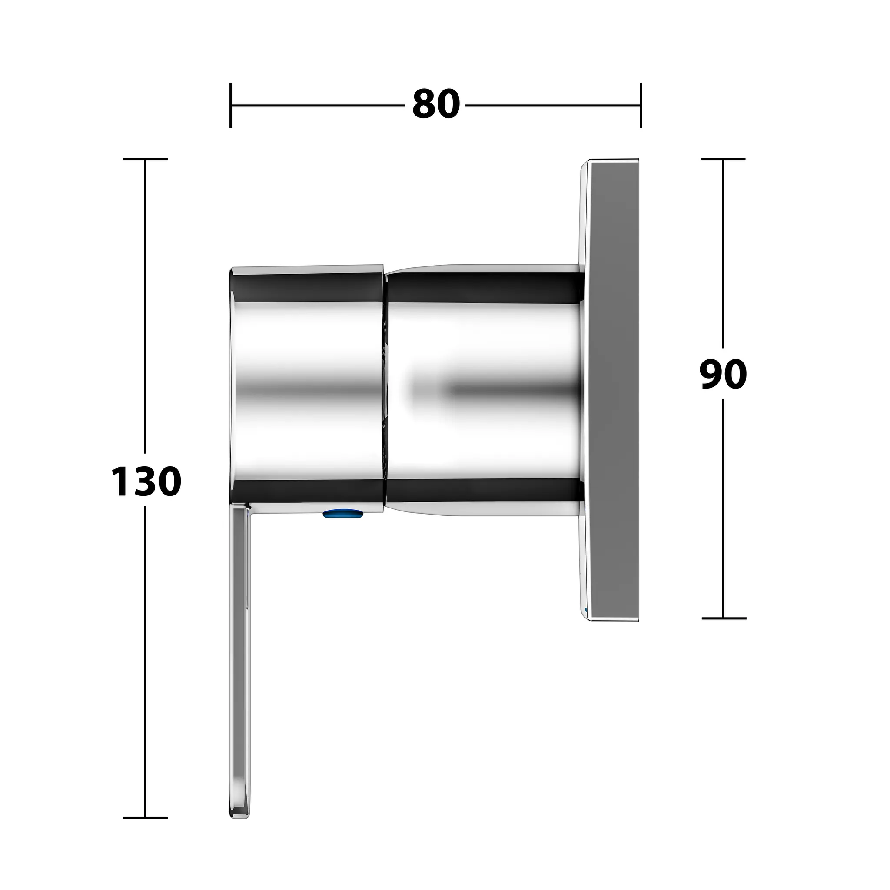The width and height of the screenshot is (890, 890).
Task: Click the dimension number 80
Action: pyautogui.click(x=436, y=105)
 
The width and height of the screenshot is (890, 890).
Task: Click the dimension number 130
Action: pyautogui.click(x=146, y=482)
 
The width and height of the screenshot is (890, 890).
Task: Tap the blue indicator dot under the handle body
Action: pyautogui.click(x=343, y=514)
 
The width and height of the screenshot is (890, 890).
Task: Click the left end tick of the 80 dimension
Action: pyautogui.click(x=231, y=106)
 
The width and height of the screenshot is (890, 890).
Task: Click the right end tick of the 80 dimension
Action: pyautogui.click(x=640, y=106)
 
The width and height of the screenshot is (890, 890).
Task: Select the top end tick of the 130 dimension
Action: pyautogui.click(x=146, y=159)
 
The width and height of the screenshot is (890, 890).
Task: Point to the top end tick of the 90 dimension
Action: pyautogui.click(x=723, y=159)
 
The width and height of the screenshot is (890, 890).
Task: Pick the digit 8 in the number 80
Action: pyautogui.click(x=424, y=105)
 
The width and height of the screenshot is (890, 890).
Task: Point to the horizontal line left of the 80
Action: pyautogui.click(x=318, y=106)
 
